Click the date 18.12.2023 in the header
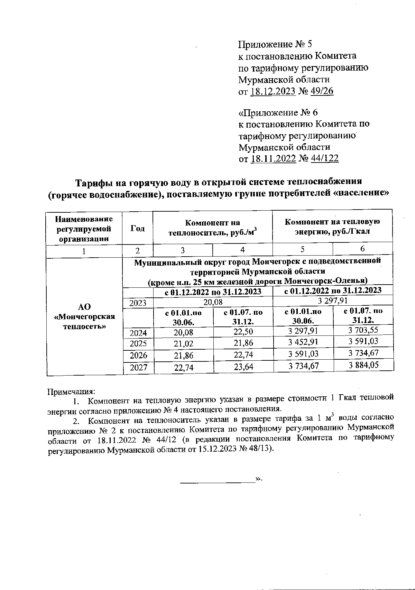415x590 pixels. pos(273,91)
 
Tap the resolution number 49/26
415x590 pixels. pos(322,91)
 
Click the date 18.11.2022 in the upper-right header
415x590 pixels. pos(273,159)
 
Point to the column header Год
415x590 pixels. pos(137,228)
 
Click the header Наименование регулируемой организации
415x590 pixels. pos(84,229)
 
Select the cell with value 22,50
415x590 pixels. pos(243,332)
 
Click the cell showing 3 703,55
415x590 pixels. pos(363,330)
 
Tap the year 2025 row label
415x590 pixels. pos(138,343)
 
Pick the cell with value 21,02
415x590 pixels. pos(184,344)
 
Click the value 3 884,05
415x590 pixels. pos(363,365)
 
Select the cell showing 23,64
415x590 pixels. pos(243,367)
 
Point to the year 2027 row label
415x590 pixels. pos(138,367)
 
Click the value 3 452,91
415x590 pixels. pos(303,342)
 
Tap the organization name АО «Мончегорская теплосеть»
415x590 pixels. pos(85,316)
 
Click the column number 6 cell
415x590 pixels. pos(362,249)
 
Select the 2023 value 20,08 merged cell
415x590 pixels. pos(213,302)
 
